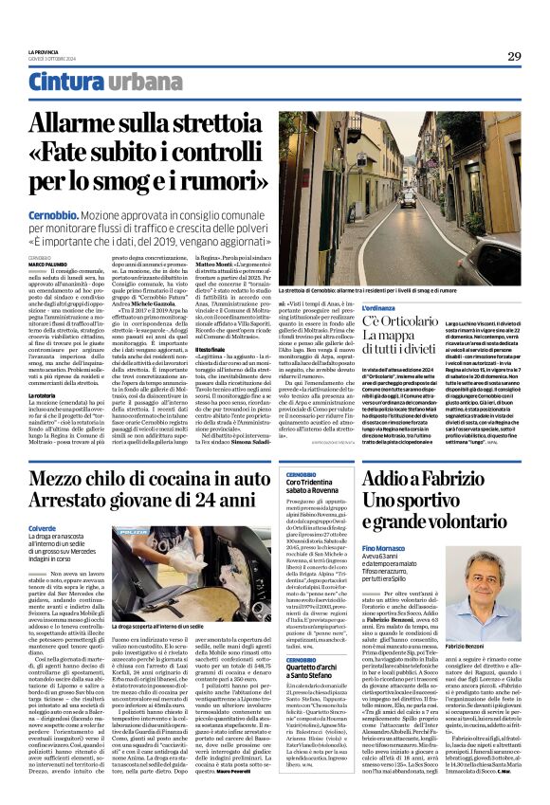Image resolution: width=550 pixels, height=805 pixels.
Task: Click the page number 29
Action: coord(514,57)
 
